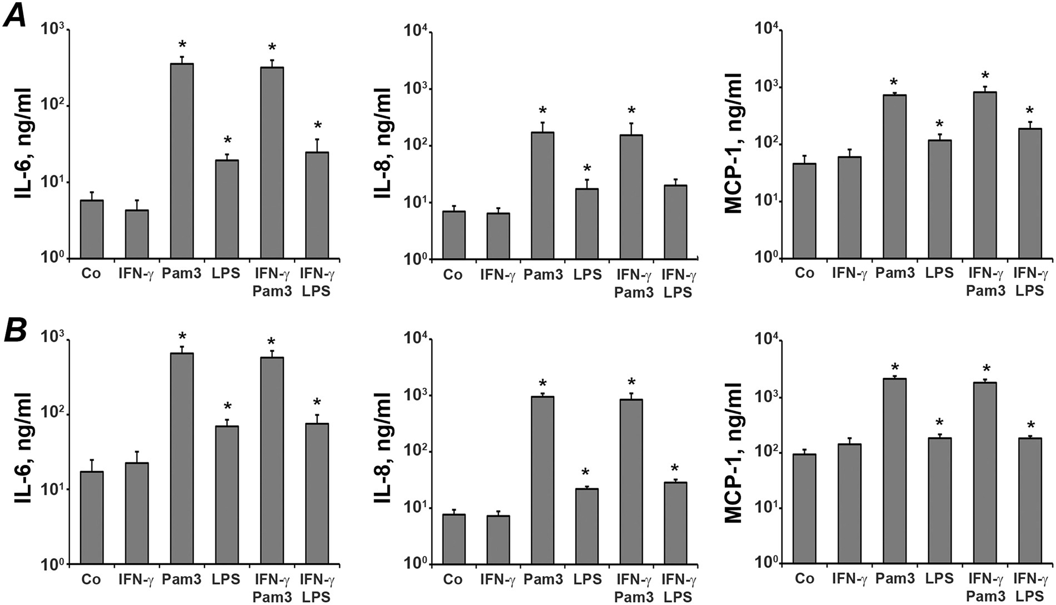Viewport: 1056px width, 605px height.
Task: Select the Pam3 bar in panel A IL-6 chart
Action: (x=182, y=161)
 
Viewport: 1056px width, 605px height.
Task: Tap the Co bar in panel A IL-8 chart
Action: (x=454, y=235)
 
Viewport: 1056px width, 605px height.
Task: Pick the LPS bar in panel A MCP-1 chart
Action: (x=940, y=199)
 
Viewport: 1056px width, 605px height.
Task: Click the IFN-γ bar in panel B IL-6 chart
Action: (x=137, y=514)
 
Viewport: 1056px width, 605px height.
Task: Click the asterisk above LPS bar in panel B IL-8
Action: (x=586, y=473)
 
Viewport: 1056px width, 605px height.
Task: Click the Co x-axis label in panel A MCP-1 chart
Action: (x=804, y=274)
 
